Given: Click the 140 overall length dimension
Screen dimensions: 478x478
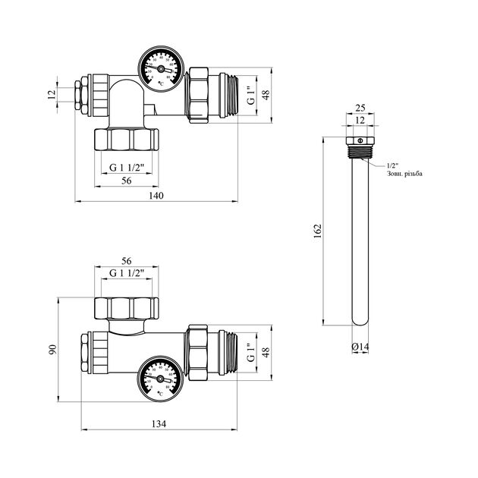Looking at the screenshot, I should tap(157, 196).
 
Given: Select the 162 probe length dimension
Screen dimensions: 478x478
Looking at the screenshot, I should tap(319, 229).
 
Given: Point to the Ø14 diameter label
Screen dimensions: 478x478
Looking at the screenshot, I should tap(361, 347).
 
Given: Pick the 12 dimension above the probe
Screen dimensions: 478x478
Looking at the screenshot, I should tap(360, 121).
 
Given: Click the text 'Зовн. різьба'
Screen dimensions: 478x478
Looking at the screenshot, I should tap(405, 174).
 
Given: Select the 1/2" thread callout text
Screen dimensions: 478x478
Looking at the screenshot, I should tap(392, 165).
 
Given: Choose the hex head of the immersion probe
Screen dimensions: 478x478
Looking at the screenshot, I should tap(360, 142).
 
